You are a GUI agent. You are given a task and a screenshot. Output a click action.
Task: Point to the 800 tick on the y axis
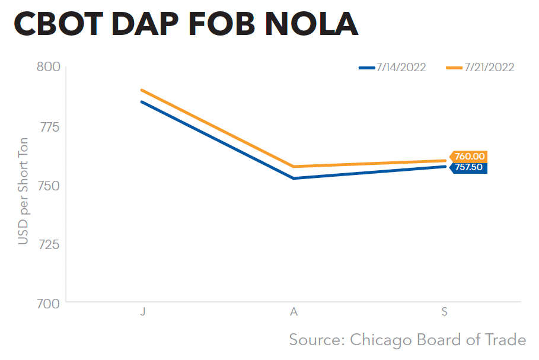pos(48,66)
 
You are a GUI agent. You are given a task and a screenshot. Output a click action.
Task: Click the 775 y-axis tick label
pos(49,126)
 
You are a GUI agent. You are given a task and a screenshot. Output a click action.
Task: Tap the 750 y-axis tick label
pos(49,185)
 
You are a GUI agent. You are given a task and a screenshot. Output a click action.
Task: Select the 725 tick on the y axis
pos(49,244)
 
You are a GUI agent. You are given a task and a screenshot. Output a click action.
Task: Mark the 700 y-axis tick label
pos(48,303)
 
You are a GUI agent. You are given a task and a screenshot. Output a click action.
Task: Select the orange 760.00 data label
pos(470,157)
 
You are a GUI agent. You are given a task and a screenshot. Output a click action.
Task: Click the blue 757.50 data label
pos(470,167)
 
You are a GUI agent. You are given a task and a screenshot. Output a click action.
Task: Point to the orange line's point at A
pos(294,167)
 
